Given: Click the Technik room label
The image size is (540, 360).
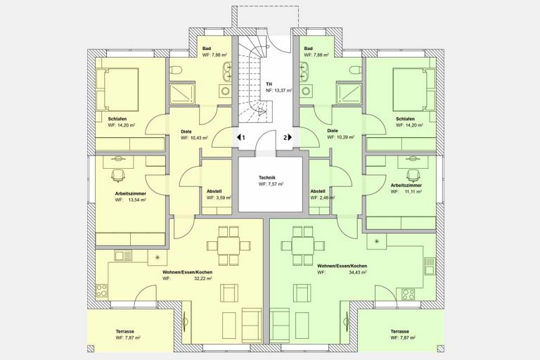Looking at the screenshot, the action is (x=267, y=178).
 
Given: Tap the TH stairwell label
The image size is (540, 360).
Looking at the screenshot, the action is (x=269, y=84).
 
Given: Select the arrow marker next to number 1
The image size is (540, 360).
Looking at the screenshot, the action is (x=238, y=137).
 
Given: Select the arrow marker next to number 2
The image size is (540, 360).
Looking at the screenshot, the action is (x=290, y=137).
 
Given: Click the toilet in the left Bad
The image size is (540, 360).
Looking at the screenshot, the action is (x=176, y=70).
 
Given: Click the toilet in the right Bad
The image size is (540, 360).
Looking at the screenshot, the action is (x=355, y=70).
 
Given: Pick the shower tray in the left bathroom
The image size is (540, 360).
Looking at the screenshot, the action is (x=183, y=93).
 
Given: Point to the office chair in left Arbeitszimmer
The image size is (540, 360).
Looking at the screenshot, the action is (x=118, y=175).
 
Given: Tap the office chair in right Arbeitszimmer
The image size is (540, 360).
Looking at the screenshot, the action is (x=413, y=175).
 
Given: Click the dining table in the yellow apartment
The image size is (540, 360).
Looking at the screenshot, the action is (x=229, y=245).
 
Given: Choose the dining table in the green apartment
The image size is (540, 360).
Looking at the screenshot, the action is (x=303, y=245).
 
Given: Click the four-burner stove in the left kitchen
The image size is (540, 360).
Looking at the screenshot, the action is (x=101, y=291).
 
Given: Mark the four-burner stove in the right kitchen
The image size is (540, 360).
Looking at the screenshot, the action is (x=409, y=294).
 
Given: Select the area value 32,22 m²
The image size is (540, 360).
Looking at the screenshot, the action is (x=203, y=278).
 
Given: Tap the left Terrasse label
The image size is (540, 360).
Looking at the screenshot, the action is (x=125, y=331).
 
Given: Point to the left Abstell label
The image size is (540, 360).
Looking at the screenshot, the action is (x=214, y=191).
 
